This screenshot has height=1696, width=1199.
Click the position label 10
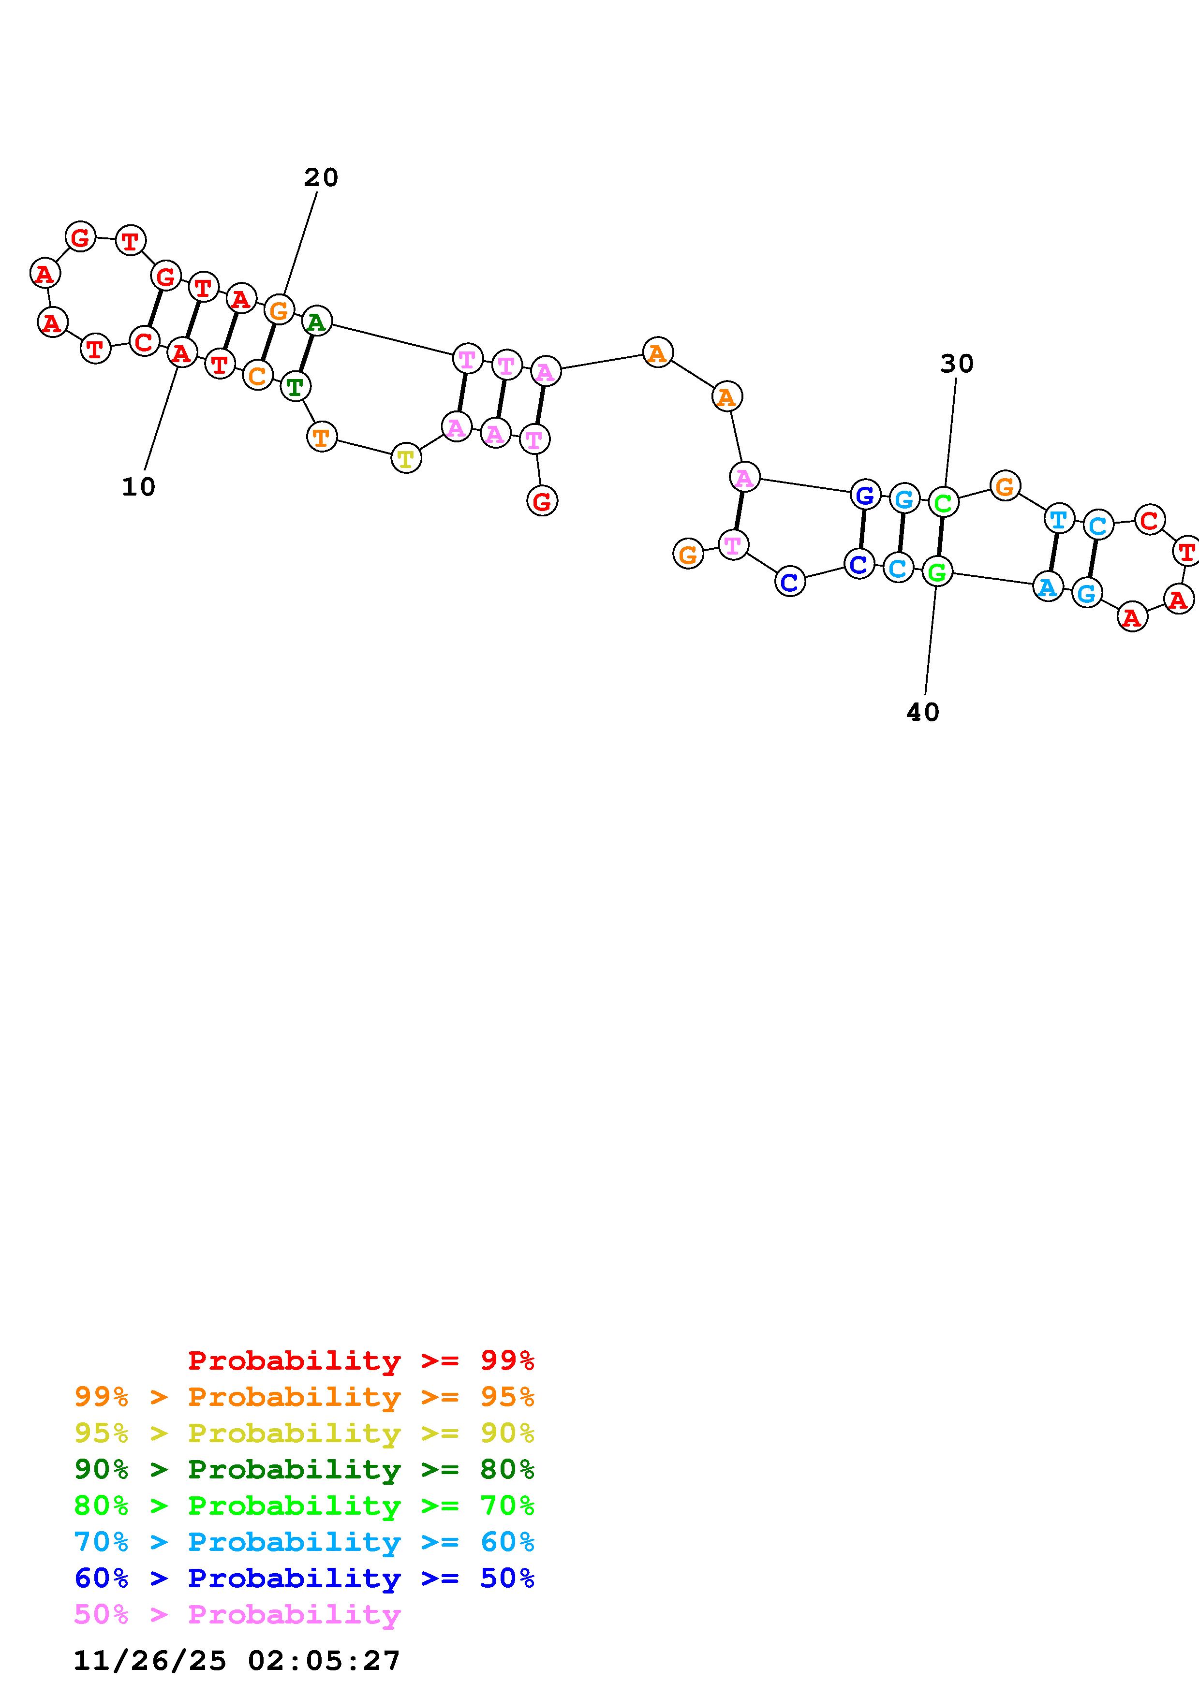click(138, 487)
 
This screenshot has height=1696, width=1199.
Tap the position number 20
click(321, 177)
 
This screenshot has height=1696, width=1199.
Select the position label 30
click(957, 364)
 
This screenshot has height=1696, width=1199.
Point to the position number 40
click(923, 712)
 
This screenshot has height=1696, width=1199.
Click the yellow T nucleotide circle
click(406, 459)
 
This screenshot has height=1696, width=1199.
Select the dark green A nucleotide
click(317, 322)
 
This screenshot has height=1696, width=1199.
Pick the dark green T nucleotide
click(295, 386)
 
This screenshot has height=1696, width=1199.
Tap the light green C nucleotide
click(943, 503)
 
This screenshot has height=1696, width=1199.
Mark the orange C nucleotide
click(257, 375)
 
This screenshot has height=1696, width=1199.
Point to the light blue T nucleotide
click(1059, 519)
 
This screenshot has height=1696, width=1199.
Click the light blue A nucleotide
click(1047, 588)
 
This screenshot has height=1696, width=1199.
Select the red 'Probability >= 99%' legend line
click(360, 1360)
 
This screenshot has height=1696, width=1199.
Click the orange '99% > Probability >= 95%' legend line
click(304, 1397)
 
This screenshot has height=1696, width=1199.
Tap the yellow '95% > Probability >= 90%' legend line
click(304, 1433)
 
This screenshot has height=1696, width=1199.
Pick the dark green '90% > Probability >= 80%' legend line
click(304, 1469)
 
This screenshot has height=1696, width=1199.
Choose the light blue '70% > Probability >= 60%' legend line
click(304, 1542)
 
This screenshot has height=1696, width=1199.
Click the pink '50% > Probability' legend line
click(237, 1614)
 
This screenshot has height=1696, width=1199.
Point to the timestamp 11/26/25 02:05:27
click(237, 1661)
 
